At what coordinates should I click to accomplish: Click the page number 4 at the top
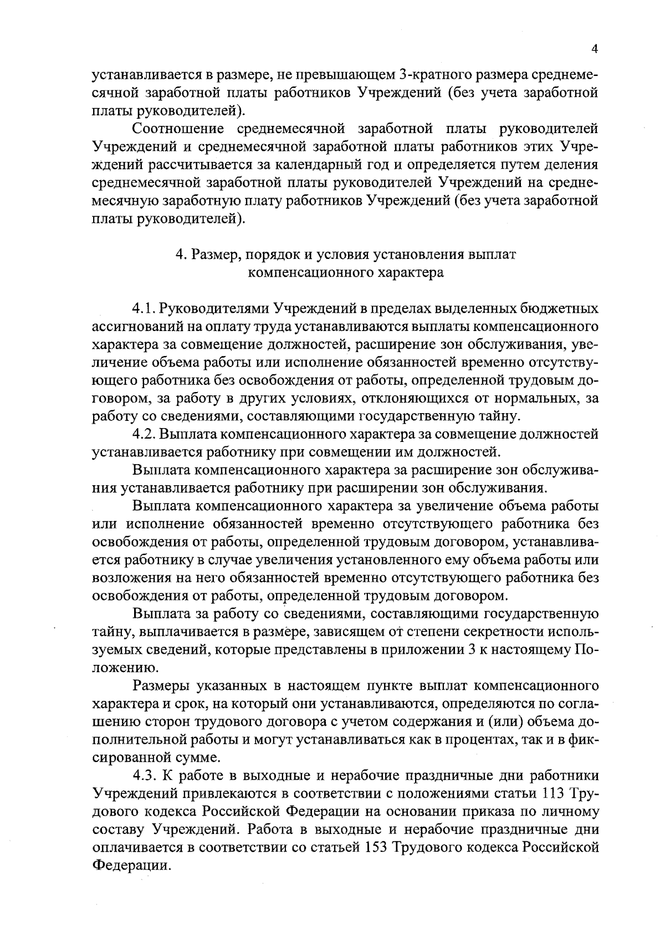coord(595,49)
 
